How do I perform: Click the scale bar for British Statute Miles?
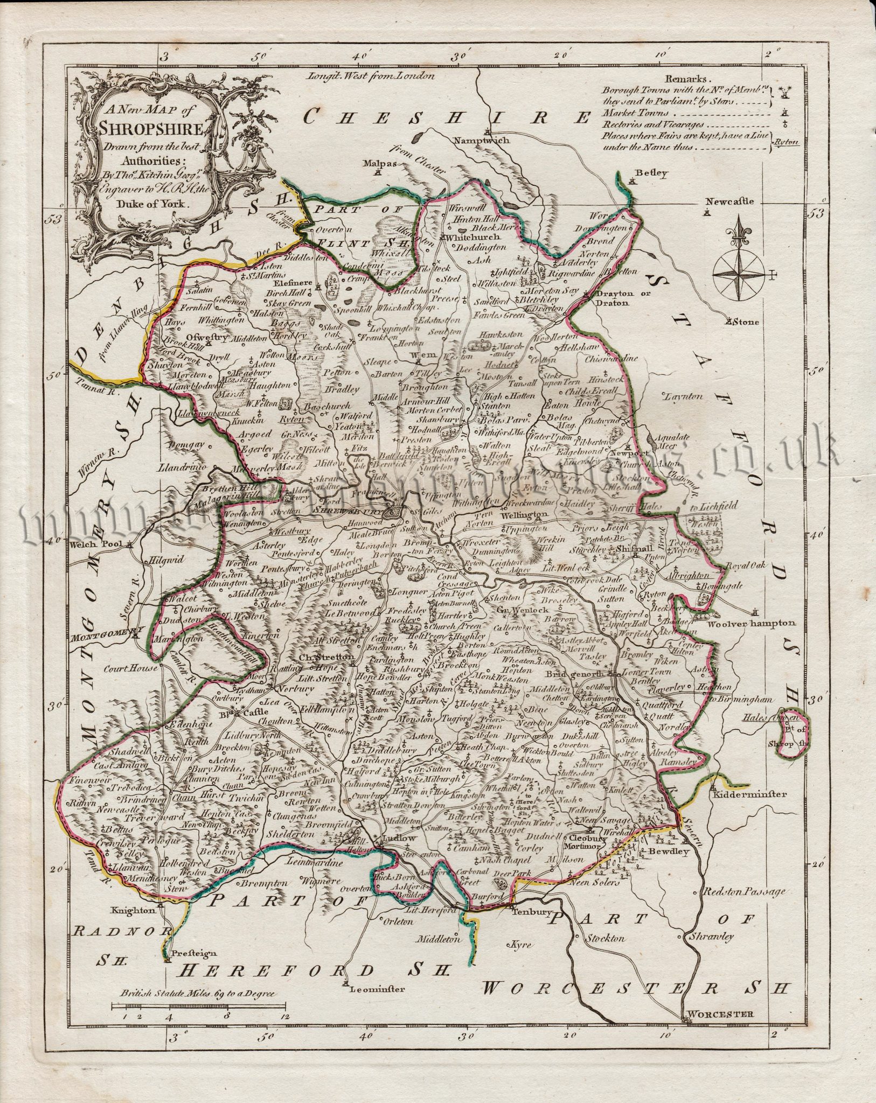tap(199, 1006)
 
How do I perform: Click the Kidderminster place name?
tap(749, 793)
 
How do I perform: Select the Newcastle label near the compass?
tap(730, 201)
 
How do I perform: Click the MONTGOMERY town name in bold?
tap(102, 630)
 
